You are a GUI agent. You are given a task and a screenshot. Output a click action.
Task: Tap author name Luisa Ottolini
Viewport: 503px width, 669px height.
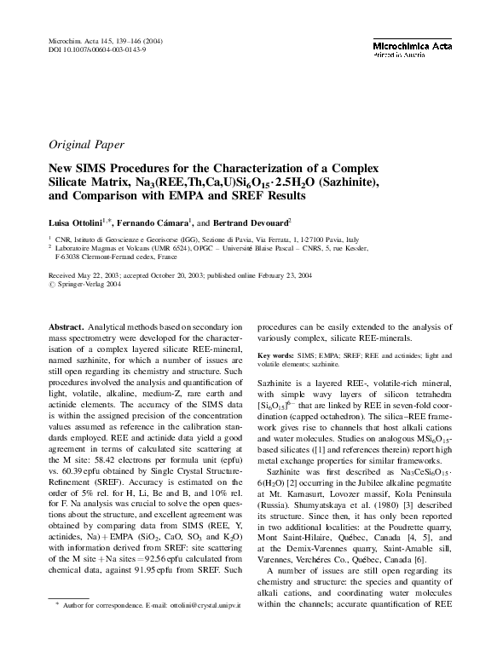click(76, 222)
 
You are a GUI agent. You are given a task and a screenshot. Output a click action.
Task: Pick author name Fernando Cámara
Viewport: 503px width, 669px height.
click(163, 222)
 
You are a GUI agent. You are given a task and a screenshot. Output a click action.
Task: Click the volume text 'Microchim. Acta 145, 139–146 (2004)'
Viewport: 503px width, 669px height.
click(103, 41)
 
